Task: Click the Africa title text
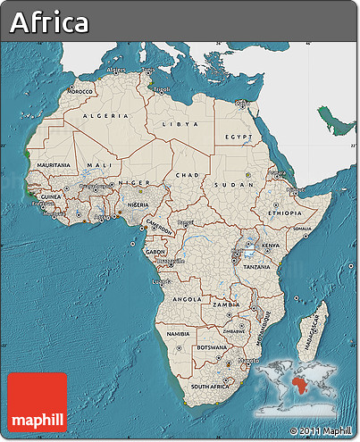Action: tap(50, 23)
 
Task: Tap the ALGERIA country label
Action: tap(105, 116)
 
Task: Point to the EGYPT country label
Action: tap(238, 137)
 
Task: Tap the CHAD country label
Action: tap(188, 175)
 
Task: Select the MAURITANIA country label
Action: tap(54, 166)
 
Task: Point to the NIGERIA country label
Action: tap(138, 204)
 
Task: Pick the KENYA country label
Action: tap(271, 244)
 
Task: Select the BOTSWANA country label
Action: tap(211, 346)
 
